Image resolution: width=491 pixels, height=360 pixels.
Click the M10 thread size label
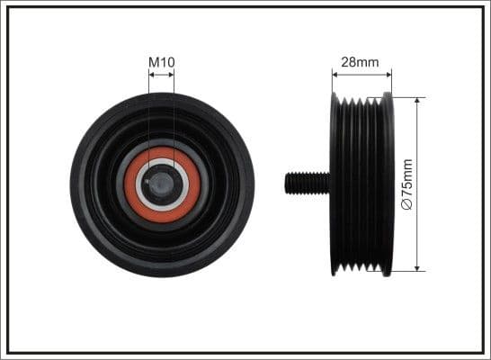pyautogui.click(x=162, y=62)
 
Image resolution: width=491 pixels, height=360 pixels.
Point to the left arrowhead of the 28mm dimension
pyautogui.click(x=335, y=75)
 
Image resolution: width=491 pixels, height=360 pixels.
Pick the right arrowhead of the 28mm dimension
pyautogui.click(x=390, y=75)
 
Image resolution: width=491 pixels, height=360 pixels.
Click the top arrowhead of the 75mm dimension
pyautogui.click(x=418, y=100)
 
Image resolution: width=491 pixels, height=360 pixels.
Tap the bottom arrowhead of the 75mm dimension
pyautogui.click(x=418, y=267)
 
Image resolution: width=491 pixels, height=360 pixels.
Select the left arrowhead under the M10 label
pyautogui.click(x=152, y=75)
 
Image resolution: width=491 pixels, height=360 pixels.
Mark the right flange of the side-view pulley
pyautogui.click(x=388, y=184)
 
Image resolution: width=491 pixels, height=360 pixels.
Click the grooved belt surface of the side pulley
pyautogui.click(x=362, y=184)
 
